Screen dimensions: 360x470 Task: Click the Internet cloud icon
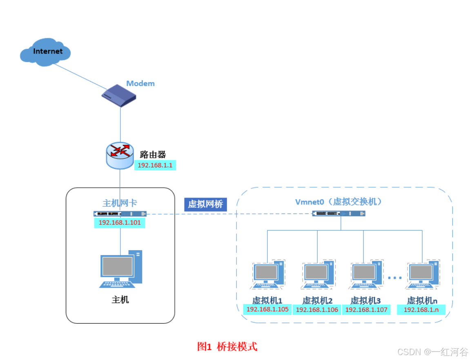(x=46, y=52)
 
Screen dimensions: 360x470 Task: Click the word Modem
(x=140, y=83)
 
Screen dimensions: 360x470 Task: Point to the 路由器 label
(x=153, y=155)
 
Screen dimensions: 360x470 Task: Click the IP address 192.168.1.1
(x=155, y=165)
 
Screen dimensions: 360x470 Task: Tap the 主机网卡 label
(x=119, y=203)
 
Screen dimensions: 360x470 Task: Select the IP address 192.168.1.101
(x=119, y=222)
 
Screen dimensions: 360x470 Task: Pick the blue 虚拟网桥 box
(x=205, y=204)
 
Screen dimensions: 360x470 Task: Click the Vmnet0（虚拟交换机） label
(x=339, y=202)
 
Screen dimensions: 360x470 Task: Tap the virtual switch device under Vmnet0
(x=339, y=213)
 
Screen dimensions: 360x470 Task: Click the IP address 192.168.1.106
(x=317, y=310)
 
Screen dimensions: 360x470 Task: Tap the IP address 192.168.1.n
(x=421, y=310)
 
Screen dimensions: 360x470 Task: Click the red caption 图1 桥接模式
(x=227, y=347)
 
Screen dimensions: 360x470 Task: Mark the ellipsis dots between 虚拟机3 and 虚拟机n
(x=395, y=278)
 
